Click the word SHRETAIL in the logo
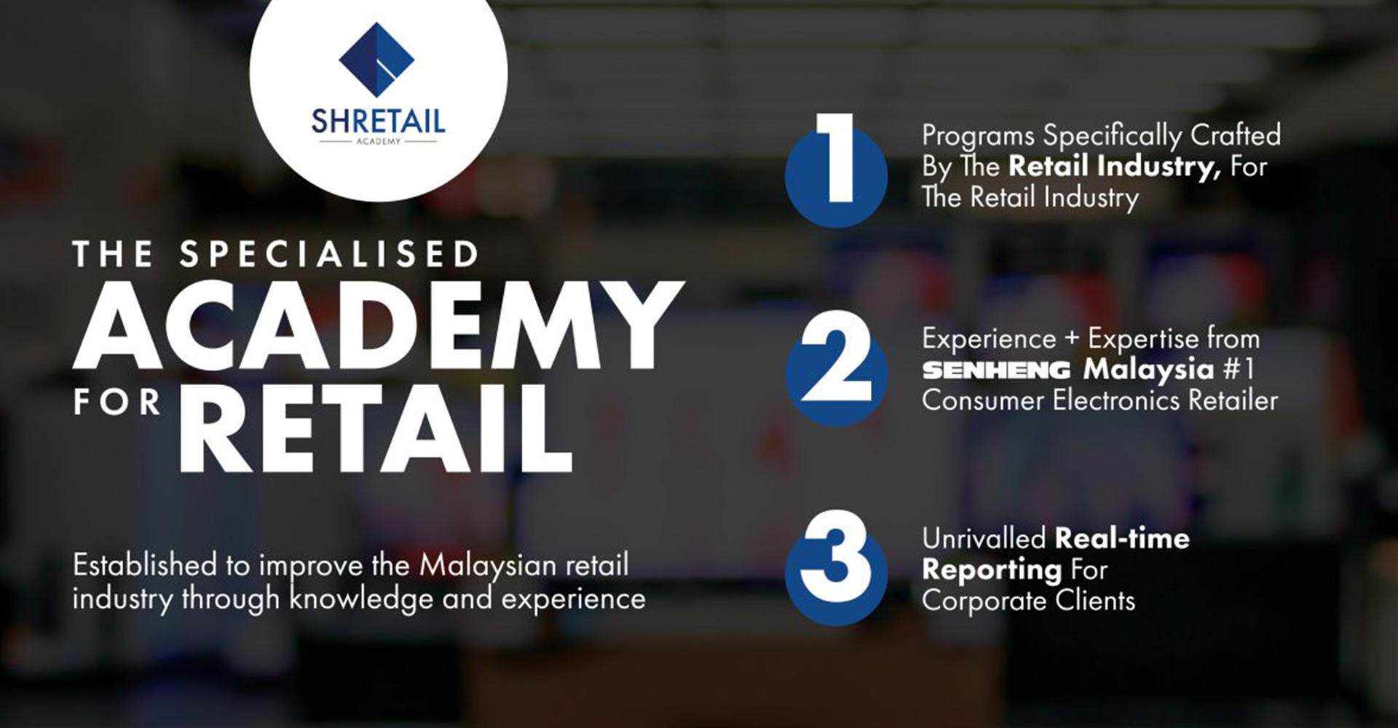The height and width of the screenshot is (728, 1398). point(378,120)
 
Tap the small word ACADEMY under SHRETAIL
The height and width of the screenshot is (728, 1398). point(378,141)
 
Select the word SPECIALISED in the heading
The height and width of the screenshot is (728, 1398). point(329,255)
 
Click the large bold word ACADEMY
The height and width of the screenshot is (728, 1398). point(379,325)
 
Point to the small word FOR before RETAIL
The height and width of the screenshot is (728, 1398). point(116,403)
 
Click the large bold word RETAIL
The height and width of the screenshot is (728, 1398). point(375,430)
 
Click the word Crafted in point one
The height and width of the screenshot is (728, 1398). point(1235,135)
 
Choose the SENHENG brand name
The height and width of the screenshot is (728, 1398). point(996,370)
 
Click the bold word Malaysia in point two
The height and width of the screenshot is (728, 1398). point(1148,370)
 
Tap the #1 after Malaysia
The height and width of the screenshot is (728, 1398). point(1239,369)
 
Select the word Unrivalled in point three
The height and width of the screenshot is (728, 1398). point(984,539)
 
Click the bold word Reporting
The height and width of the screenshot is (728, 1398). point(992,570)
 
